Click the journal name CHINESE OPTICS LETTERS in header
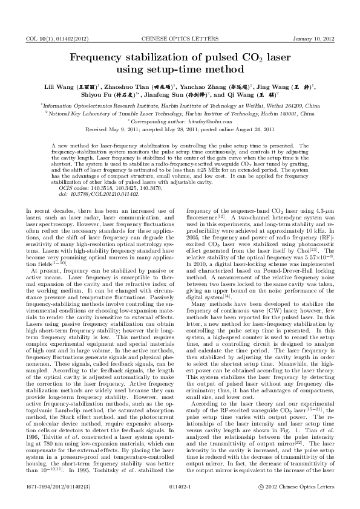click(x=179, y=39)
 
